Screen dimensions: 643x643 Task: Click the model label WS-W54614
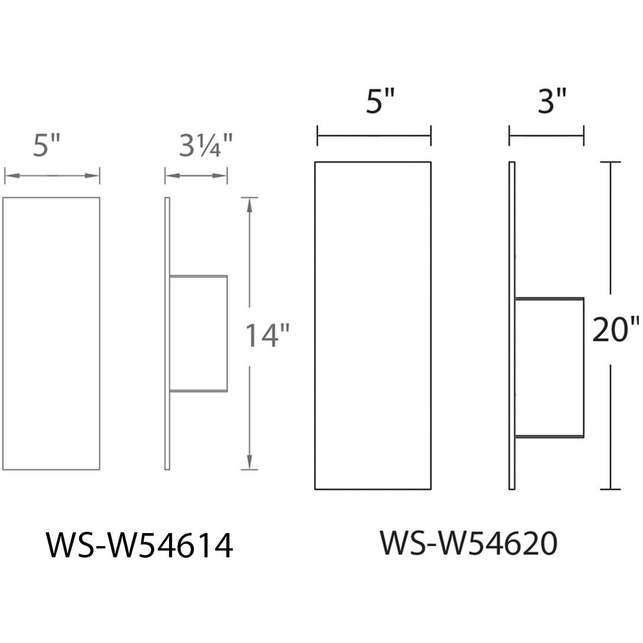139,545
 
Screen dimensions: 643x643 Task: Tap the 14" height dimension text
267,336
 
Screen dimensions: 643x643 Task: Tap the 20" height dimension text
616,329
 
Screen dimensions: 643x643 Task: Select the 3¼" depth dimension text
206,145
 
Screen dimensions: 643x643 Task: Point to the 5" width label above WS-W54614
46,145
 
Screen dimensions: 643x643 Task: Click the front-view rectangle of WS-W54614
51,333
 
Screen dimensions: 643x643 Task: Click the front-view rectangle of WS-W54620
373,326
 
